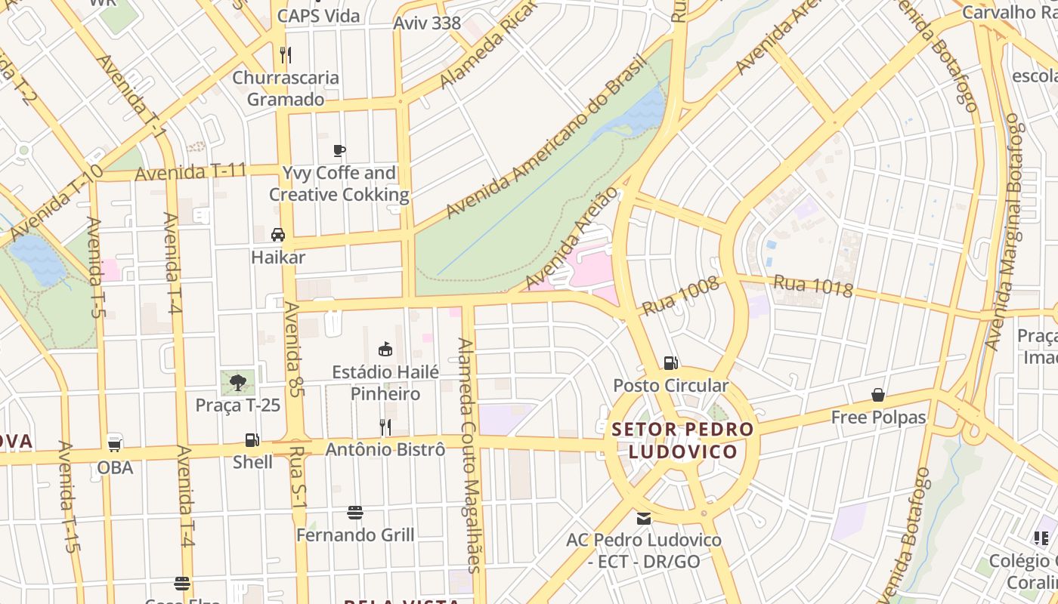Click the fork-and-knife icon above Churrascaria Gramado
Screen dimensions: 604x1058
click(285, 54)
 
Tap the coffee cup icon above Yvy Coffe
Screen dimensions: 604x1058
click(339, 150)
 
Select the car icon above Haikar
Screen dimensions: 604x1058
click(278, 235)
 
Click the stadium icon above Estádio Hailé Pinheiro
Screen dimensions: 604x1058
click(385, 349)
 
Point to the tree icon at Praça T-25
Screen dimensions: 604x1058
click(238, 382)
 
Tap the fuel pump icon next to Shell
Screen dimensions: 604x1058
click(252, 439)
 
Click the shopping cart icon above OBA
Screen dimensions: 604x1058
click(115, 443)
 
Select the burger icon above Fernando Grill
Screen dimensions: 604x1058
click(355, 513)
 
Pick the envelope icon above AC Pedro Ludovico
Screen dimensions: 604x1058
click(644, 518)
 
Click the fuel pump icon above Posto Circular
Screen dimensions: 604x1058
click(670, 363)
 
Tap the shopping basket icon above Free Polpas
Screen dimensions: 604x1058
click(878, 395)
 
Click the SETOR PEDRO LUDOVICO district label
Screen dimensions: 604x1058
click(682, 440)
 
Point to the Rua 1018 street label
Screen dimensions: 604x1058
click(812, 286)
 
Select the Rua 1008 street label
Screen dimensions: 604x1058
click(680, 296)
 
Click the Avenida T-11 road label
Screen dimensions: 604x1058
click(190, 171)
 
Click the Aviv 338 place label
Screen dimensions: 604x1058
click(427, 23)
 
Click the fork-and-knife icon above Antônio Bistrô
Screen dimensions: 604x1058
click(385, 427)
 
